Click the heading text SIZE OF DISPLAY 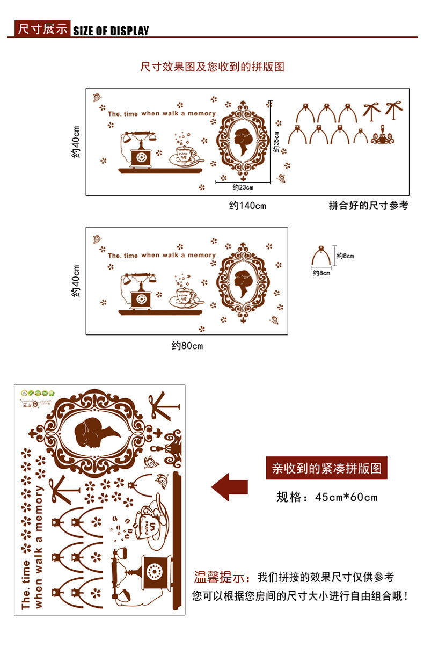click(111, 31)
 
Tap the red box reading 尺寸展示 click(42, 29)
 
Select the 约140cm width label click(247, 206)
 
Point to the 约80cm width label click(187, 346)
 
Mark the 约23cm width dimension click(243, 187)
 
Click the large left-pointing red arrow click(230, 487)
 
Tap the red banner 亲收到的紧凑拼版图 click(326, 469)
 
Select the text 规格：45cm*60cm click(327, 497)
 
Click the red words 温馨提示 click(222, 578)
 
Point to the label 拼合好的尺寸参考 click(368, 206)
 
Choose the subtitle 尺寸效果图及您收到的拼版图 click(212, 67)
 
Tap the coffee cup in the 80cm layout click(185, 295)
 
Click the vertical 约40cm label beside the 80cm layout click(76, 280)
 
